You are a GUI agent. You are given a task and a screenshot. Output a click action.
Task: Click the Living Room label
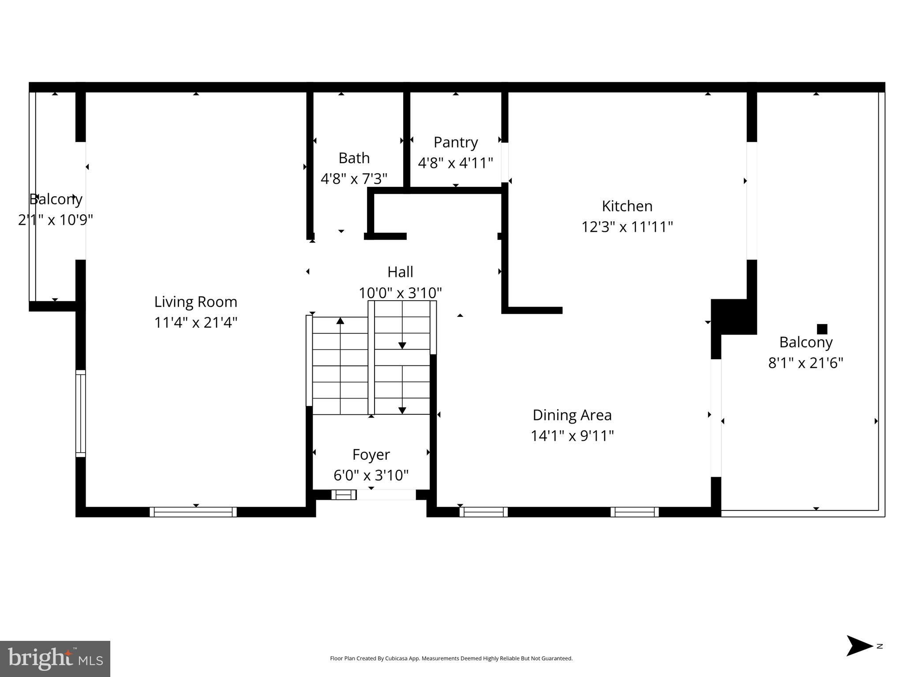click(195, 302)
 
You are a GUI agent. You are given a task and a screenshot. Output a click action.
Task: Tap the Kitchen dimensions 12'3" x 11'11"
click(627, 227)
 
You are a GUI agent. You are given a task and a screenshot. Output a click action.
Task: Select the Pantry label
click(456, 142)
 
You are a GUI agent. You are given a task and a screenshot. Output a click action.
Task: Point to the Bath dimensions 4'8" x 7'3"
click(354, 179)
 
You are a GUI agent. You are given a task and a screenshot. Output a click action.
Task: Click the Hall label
click(400, 272)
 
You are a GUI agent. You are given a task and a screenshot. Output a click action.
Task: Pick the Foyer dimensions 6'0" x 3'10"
click(371, 475)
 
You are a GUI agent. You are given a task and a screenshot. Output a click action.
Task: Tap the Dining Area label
click(572, 415)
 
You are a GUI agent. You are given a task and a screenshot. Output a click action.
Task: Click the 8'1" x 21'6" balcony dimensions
click(806, 363)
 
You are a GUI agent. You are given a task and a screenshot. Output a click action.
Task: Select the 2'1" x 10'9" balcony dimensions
click(56, 219)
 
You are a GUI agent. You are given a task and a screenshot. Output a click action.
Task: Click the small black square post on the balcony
click(822, 329)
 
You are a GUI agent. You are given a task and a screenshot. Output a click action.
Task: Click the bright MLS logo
click(55, 659)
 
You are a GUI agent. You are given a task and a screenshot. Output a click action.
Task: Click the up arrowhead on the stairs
click(340, 320)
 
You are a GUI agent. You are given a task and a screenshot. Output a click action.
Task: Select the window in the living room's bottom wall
click(193, 512)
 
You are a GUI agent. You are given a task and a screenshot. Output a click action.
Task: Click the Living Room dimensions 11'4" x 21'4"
click(195, 323)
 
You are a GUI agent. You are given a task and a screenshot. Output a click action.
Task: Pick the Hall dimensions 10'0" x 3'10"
click(400, 293)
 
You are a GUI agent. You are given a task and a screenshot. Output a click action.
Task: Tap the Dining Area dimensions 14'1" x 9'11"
click(572, 436)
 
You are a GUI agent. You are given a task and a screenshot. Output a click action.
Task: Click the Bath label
click(354, 158)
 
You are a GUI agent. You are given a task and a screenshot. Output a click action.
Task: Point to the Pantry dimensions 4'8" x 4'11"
click(456, 163)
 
